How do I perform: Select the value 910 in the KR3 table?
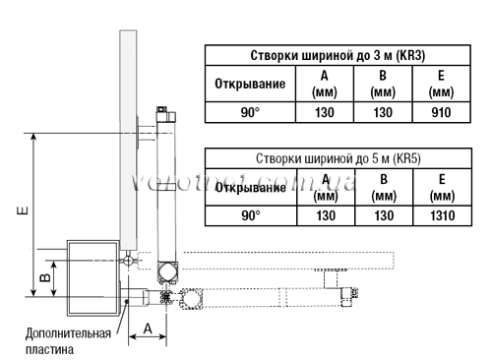coord(442,113)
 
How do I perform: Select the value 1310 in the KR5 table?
coord(442,214)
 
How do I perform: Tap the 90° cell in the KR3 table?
coord(251,113)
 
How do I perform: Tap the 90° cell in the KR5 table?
coord(251,214)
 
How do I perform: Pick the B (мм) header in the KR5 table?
coord(382,186)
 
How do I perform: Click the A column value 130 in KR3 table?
coord(325,113)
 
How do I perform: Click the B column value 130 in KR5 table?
coord(382,214)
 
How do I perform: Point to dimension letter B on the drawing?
coord(44,279)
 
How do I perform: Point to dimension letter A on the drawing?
coord(148,327)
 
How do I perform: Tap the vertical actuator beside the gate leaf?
coord(165,182)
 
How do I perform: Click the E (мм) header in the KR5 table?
coord(442,186)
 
